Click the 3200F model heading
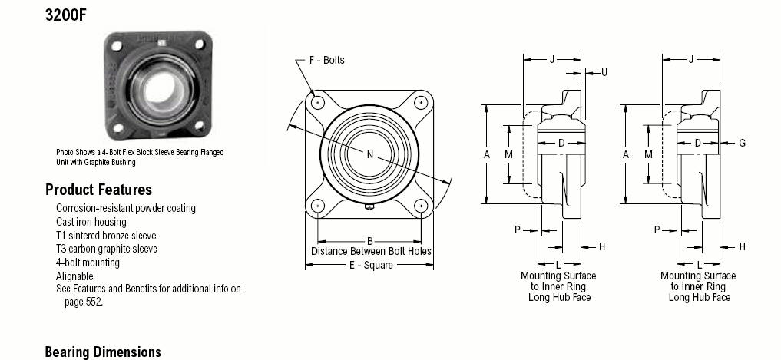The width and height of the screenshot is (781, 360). click(x=65, y=15)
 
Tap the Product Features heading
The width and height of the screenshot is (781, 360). click(x=98, y=190)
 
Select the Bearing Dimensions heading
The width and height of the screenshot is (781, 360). click(x=103, y=352)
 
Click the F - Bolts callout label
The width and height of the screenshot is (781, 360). click(x=326, y=60)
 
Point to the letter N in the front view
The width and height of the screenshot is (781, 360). click(x=369, y=154)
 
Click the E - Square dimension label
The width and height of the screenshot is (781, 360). click(x=371, y=266)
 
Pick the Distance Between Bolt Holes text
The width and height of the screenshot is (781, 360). click(x=371, y=252)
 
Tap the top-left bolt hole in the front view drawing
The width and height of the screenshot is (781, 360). click(x=317, y=102)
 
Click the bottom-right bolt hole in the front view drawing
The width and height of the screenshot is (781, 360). click(x=421, y=205)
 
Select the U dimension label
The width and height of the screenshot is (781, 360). click(x=604, y=73)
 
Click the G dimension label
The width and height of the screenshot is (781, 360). click(x=742, y=144)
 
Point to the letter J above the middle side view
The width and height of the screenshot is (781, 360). click(x=552, y=60)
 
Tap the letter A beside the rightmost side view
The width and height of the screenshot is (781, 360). click(x=626, y=155)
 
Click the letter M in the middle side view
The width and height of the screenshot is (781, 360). click(x=508, y=155)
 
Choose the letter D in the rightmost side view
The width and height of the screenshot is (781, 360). click(x=698, y=144)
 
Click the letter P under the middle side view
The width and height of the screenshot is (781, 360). click(x=518, y=230)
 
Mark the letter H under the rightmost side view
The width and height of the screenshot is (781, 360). click(x=742, y=246)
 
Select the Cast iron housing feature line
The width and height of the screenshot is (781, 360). click(x=91, y=222)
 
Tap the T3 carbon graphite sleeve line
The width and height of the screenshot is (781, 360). click(x=107, y=249)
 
